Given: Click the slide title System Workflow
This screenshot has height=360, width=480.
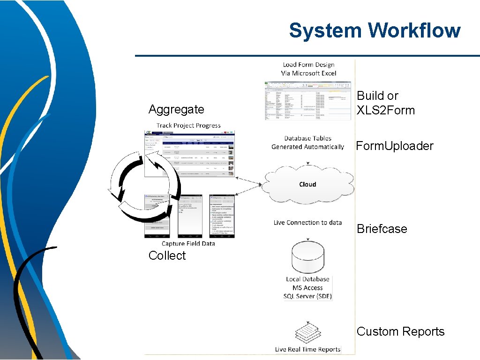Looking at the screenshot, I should tap(375, 31).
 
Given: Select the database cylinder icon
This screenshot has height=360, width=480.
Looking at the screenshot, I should tap(307, 257).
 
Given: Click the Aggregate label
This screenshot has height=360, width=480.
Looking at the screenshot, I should tap(176, 109).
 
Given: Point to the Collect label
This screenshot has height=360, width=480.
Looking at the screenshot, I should tap(167, 255).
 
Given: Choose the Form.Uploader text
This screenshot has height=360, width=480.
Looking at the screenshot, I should tap(395, 146).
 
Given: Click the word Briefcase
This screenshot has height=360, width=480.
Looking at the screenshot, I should tap(382, 229).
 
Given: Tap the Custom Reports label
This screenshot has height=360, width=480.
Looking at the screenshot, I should tap(400, 331).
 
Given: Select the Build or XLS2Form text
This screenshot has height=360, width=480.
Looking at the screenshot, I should tap(386, 103).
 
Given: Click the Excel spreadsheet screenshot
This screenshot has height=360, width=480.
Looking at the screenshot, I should tap(307, 100).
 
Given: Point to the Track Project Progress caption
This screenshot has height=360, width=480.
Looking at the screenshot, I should tap(188, 125).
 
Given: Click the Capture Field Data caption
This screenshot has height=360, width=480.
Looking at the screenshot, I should tap(188, 243).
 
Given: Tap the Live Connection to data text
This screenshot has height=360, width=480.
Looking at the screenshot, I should tap(307, 223).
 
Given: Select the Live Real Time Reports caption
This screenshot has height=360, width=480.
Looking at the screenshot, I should tap(307, 349).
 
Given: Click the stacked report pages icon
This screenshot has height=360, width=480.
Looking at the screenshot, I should tap(307, 333).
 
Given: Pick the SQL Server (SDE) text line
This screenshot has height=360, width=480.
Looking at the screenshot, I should tap(307, 296).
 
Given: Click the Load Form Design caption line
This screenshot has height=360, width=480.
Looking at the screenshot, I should tap(308, 65).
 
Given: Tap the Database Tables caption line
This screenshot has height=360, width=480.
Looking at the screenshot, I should tap(307, 138).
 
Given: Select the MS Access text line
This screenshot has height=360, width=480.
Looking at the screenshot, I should tap(307, 288).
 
